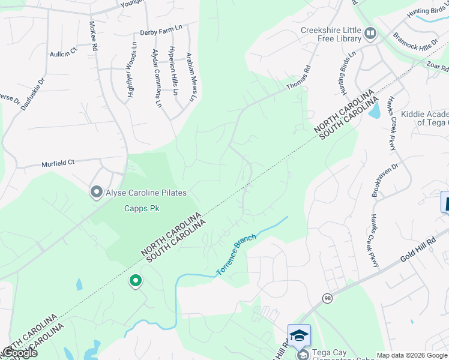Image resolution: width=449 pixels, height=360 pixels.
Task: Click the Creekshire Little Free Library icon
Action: (370, 33)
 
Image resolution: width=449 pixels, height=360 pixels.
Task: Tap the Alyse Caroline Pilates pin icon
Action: (96, 193)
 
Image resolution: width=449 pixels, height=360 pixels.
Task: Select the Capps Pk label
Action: (140, 209)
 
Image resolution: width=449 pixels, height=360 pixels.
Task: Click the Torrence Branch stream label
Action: (236, 255)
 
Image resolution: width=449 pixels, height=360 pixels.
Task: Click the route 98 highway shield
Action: (327, 298)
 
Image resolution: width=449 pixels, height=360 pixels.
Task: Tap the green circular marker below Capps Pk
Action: (136, 280)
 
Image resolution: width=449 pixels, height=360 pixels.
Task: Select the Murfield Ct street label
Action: (58, 163)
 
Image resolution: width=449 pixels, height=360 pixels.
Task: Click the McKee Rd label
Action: (93, 36)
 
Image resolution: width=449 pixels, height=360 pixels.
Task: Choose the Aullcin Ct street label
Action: (64, 53)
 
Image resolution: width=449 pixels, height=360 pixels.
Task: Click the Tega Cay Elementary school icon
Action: (300, 335)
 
